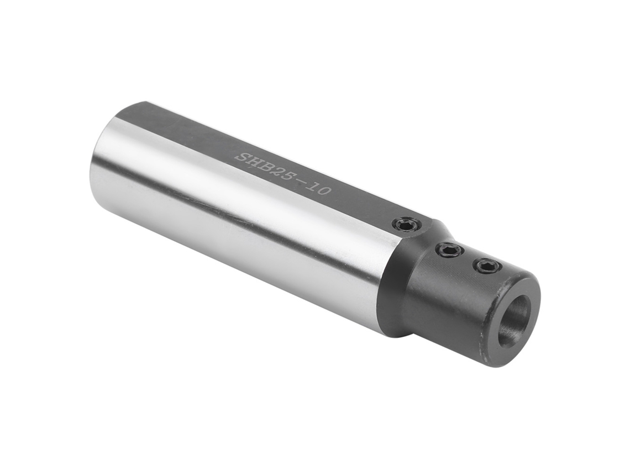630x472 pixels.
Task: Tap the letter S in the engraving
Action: click(242, 157)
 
